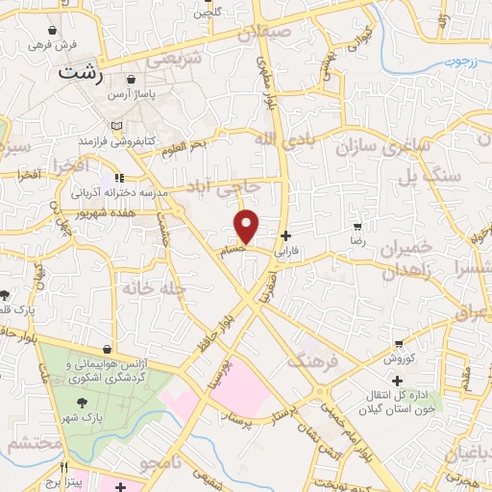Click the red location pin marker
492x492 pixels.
[248, 227]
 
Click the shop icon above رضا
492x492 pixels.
[357, 228]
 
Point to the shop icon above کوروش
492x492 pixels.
[398, 344]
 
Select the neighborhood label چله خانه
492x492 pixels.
[150, 287]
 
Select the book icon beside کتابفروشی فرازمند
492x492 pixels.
[116, 127]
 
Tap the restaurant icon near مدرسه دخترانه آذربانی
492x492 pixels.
[119, 177]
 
